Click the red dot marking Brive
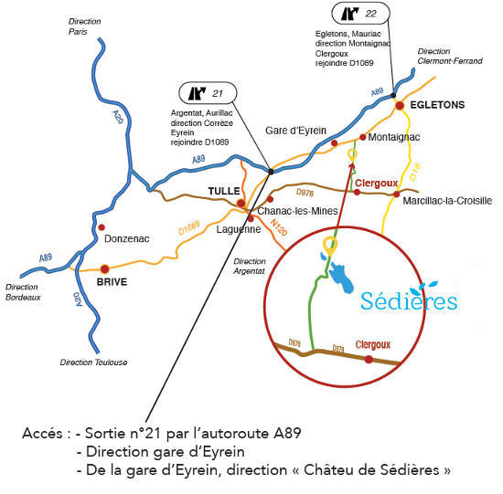[x=105, y=268]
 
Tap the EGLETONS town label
[x=437, y=105]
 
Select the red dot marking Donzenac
[x=102, y=227]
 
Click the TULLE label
[x=224, y=191]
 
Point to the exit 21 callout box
[x=208, y=93]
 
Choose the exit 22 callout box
[x=360, y=14]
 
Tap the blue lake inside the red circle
[x=340, y=277]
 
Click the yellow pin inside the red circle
[x=330, y=246]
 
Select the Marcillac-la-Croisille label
[x=447, y=201]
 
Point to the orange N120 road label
[x=278, y=227]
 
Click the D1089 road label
[x=189, y=227]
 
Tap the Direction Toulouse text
[x=93, y=363]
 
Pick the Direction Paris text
[x=84, y=26]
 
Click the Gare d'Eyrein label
[x=295, y=131]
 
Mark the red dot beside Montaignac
[x=363, y=137]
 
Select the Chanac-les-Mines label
[x=297, y=211]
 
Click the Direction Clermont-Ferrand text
[x=450, y=56]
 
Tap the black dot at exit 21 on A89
[x=271, y=172]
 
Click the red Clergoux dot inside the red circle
[x=369, y=360]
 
